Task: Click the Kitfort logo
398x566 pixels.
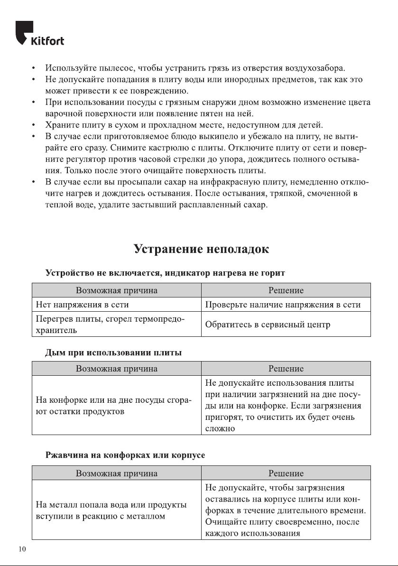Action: (40, 34)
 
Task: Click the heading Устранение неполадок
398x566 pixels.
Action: (201, 249)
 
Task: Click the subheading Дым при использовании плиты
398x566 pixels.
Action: (113, 353)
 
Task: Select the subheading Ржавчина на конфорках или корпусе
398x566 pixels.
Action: (125, 455)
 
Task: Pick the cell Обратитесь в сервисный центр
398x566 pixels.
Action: (268, 325)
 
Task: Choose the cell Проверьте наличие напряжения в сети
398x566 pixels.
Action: (283, 305)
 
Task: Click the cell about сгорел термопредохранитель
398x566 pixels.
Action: (110, 325)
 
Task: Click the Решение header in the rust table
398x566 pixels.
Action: (286, 473)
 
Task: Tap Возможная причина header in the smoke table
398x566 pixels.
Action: (117, 368)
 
